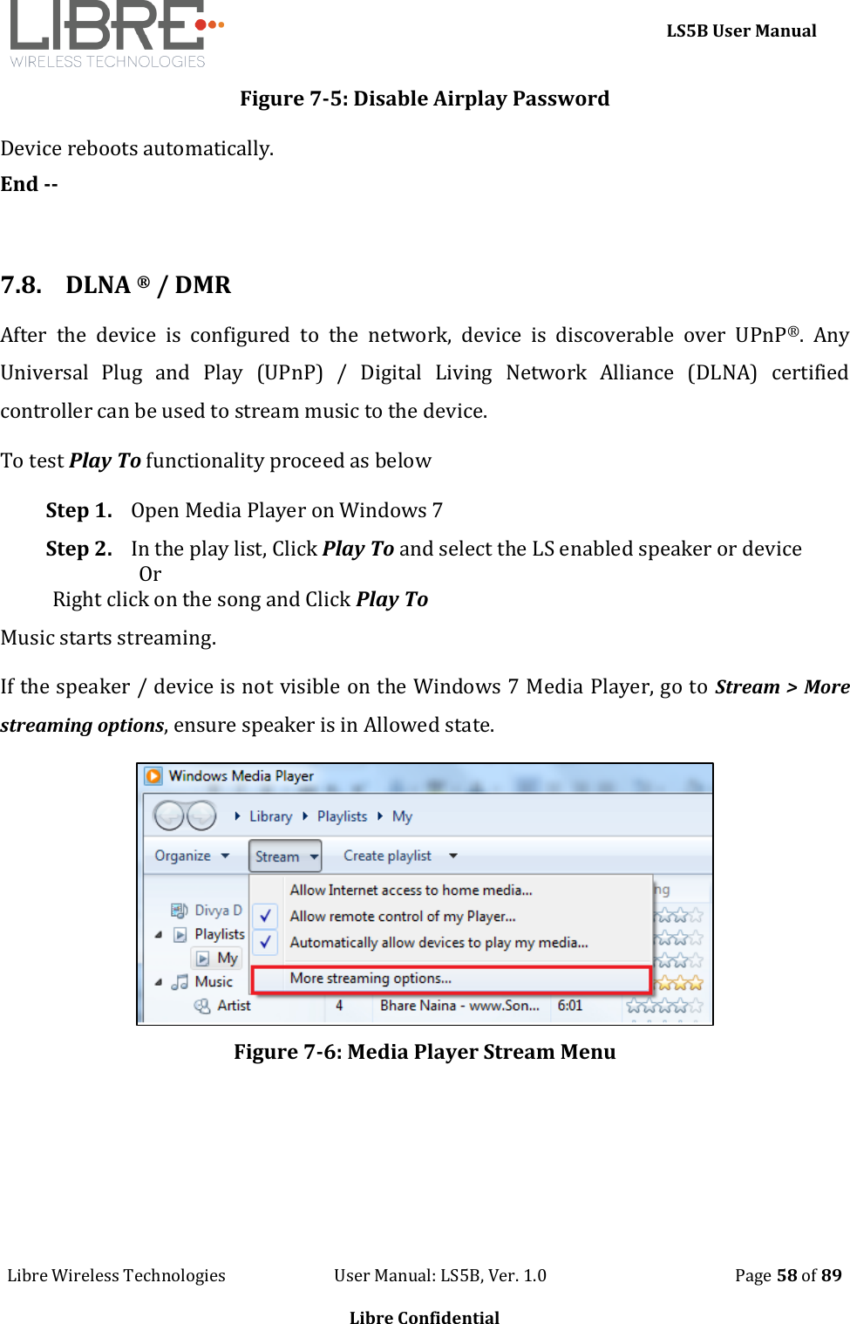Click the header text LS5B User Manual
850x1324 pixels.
point(740,31)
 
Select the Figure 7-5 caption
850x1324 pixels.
point(425,99)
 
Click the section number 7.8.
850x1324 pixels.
point(21,285)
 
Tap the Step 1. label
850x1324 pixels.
point(78,510)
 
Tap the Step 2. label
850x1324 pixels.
point(78,549)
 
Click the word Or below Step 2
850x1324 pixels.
point(150,574)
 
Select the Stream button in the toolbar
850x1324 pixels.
point(284,857)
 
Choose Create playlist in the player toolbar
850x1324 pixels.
point(387,856)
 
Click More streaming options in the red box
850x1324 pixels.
point(371,979)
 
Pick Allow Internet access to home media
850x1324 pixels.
point(411,890)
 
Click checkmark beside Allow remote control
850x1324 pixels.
point(265,916)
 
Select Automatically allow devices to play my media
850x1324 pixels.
point(439,942)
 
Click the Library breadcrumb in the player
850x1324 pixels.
point(270,816)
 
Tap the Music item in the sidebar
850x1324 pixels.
point(214,981)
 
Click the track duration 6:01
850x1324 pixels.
point(569,1006)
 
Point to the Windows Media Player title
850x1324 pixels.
point(241,775)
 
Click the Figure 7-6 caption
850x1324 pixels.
point(425,1052)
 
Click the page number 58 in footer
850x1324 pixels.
point(787,1275)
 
